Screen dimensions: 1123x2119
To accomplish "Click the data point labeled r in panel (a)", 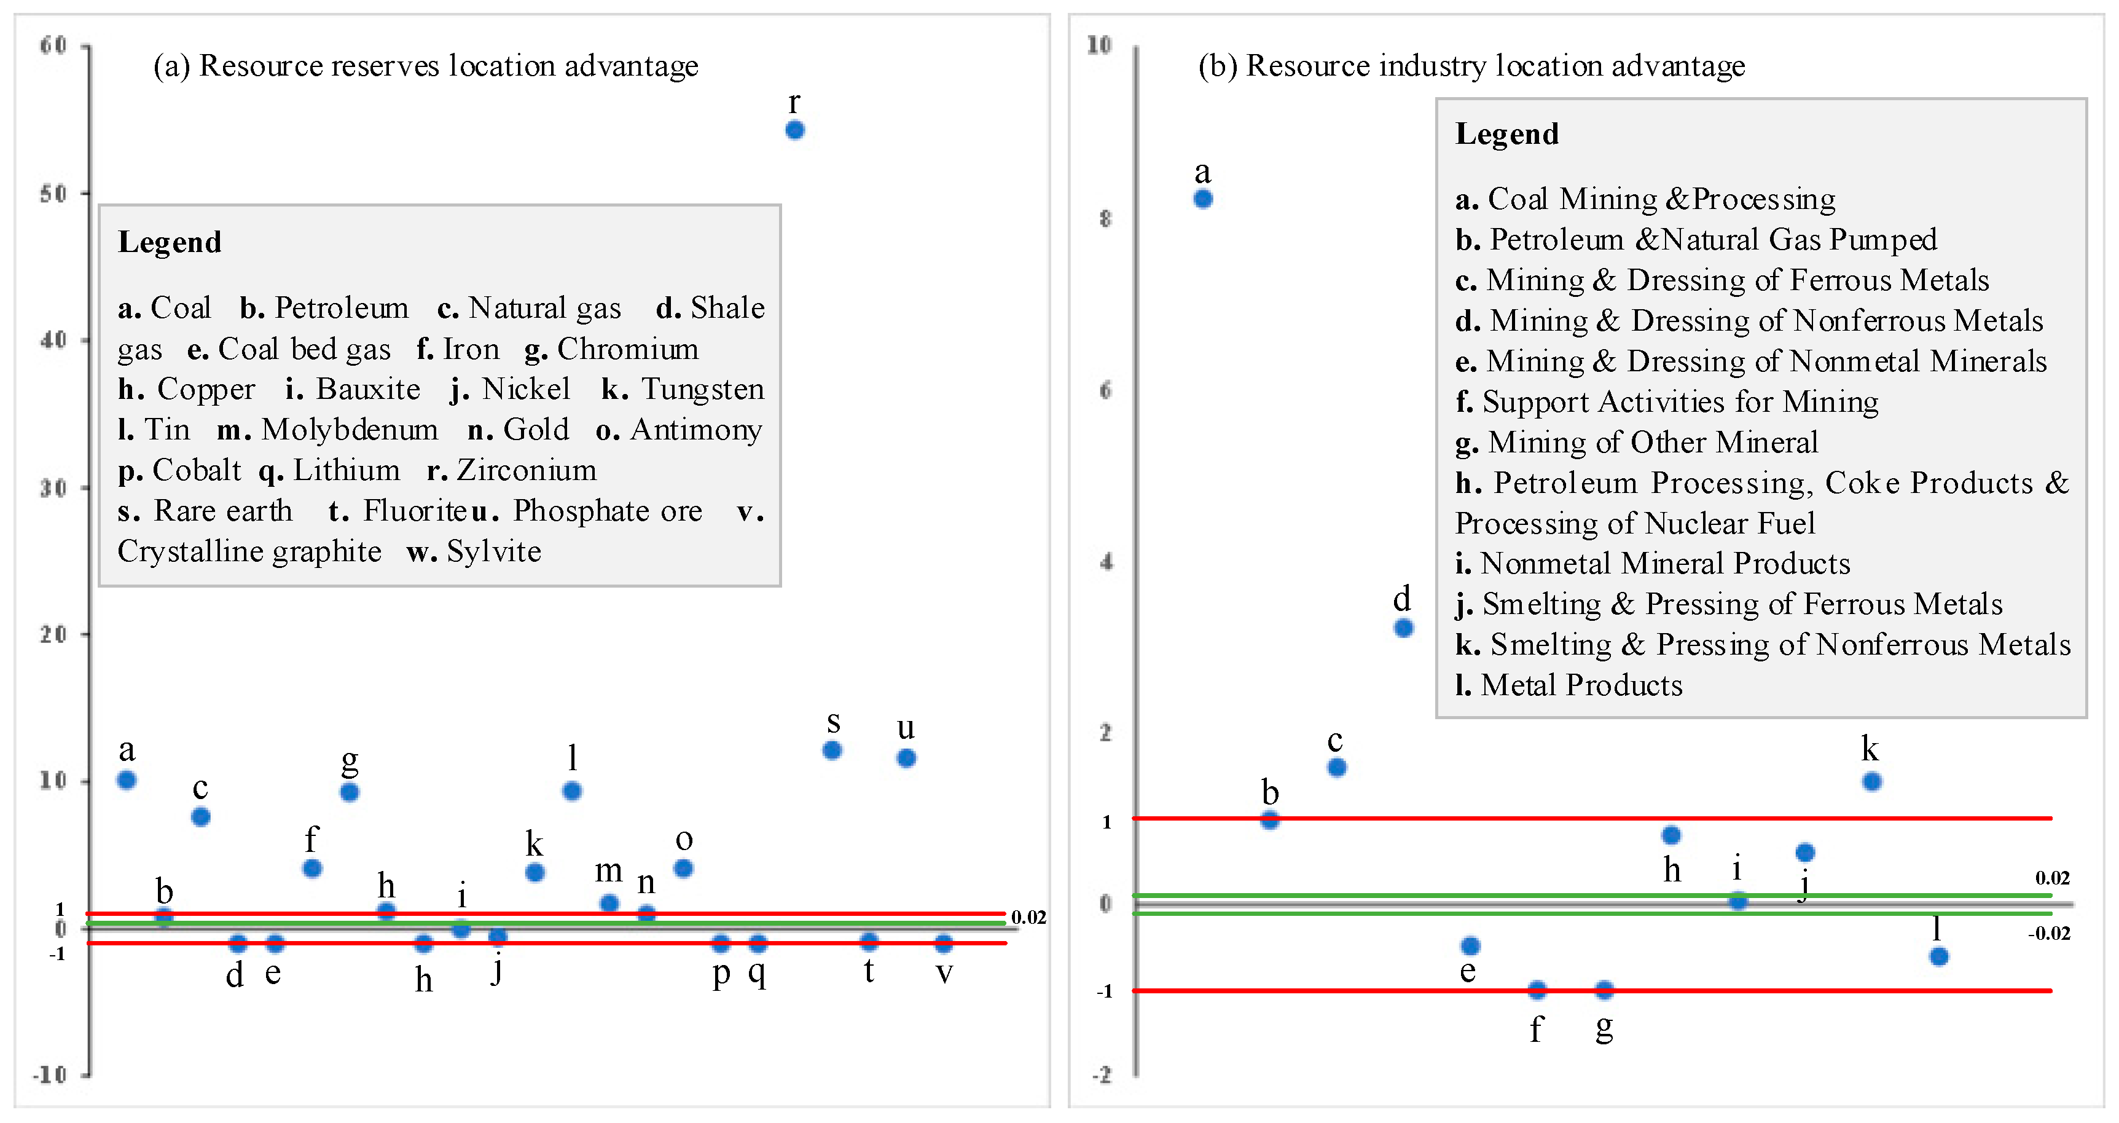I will tap(794, 130).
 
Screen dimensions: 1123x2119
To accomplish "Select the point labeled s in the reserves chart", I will tap(832, 751).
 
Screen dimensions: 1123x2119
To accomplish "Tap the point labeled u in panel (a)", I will tap(906, 758).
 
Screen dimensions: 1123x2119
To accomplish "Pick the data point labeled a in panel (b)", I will tap(1202, 199).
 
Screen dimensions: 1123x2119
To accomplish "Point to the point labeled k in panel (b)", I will tap(1871, 782).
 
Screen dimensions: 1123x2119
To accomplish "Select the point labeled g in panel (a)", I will tap(349, 792).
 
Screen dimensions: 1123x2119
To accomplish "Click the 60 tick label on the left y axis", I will tap(53, 45).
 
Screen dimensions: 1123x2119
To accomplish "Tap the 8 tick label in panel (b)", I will tap(1105, 219).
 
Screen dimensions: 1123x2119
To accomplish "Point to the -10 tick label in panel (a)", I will tap(49, 1074).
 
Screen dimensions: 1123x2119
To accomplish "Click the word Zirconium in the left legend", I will tap(527, 470).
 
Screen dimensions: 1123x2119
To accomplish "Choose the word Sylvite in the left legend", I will tap(493, 551).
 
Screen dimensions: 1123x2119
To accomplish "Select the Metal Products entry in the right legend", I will tap(1581, 685).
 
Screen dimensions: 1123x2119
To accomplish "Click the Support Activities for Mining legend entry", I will tap(1680, 401).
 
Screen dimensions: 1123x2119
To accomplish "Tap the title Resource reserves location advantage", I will tap(448, 66).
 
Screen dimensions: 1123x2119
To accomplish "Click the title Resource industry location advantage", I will tap(1495, 66).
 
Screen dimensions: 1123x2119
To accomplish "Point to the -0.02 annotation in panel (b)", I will tap(2048, 933).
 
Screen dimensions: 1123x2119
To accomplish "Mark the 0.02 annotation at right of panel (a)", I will tap(1028, 917).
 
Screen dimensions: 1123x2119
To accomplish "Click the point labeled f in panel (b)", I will tap(1537, 990).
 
